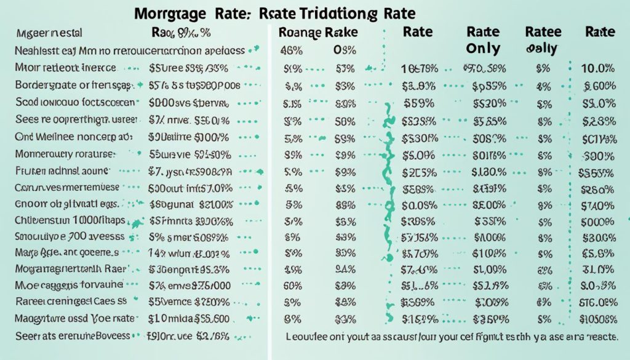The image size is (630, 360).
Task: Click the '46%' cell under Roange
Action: click(292, 51)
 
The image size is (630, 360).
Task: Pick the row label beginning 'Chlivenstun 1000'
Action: click(70, 220)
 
